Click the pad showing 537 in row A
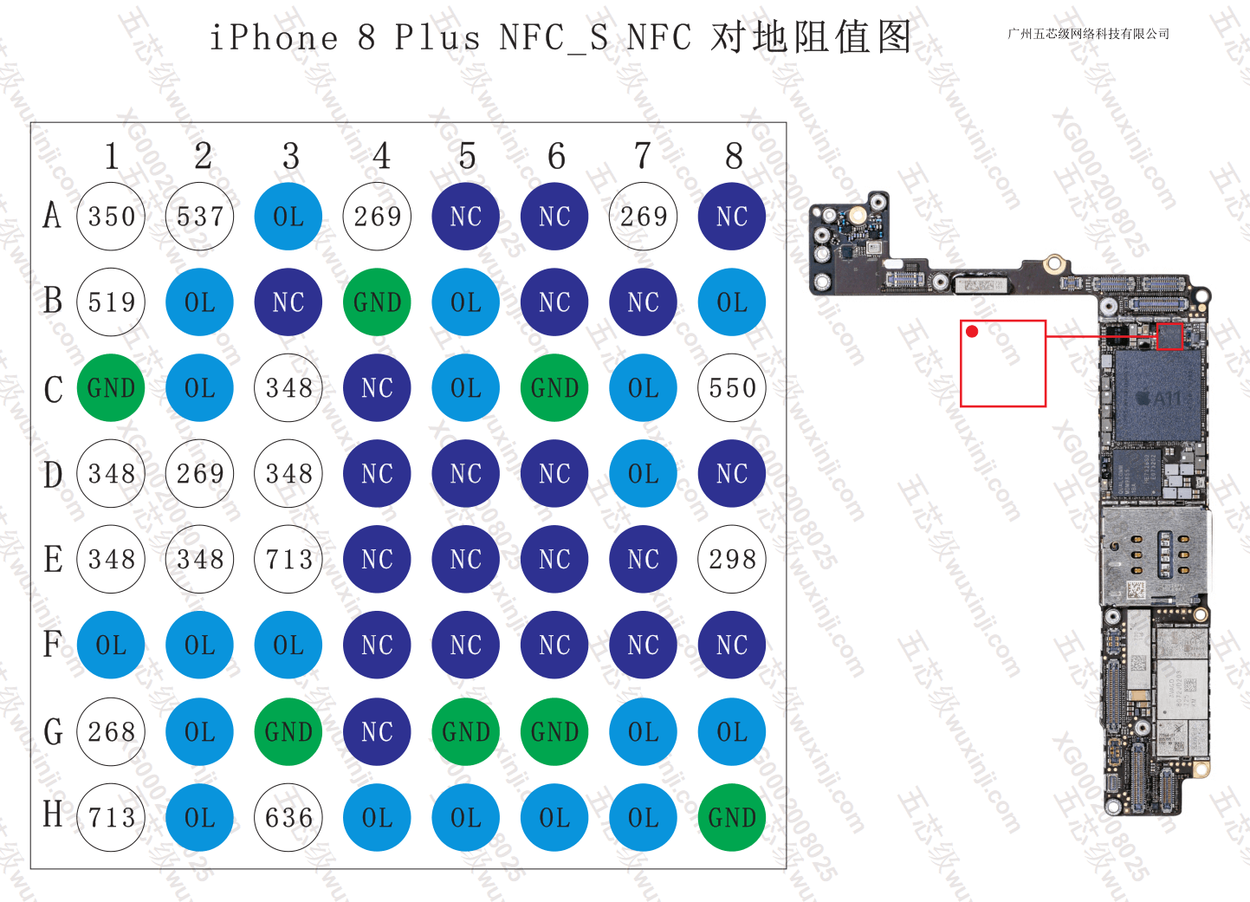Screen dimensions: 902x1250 click(200, 217)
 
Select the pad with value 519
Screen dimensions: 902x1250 click(112, 302)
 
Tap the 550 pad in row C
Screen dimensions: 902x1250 click(732, 388)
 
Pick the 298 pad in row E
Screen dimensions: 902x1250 click(732, 560)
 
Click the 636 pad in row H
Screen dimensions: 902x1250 click(288, 817)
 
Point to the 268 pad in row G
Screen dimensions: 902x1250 click(112, 732)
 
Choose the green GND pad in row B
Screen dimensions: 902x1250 click(377, 302)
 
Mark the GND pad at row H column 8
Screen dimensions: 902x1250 click(732, 817)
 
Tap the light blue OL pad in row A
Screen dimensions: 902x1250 click(288, 217)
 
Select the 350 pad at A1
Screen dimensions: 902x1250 click(112, 217)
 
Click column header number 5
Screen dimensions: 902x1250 click(467, 157)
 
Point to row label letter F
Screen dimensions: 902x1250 click(53, 645)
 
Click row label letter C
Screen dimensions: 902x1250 click(53, 389)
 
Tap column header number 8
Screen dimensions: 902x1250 click(734, 157)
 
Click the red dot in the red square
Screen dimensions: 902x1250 click(972, 332)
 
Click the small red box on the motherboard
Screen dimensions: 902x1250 click(1169, 336)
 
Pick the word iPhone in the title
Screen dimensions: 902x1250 click(274, 38)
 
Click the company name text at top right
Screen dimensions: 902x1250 click(1088, 34)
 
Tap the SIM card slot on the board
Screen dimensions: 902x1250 click(1152, 555)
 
